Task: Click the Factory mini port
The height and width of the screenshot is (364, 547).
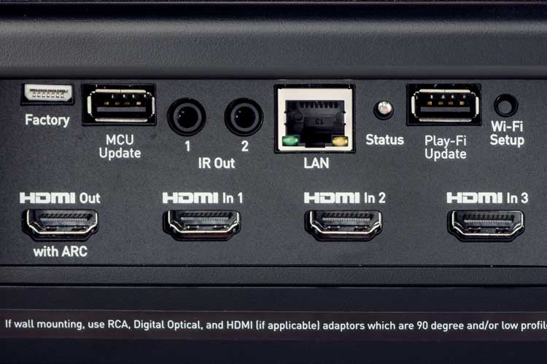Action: tap(48, 94)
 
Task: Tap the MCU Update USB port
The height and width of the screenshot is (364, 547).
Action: tap(120, 105)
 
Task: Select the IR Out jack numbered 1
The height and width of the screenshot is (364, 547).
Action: tap(187, 116)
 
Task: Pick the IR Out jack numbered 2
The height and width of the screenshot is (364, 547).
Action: tap(244, 116)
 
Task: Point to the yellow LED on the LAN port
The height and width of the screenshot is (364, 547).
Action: tap(340, 141)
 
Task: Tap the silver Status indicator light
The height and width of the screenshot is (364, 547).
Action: tap(384, 108)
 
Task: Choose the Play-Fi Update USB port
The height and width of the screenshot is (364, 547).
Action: tap(444, 105)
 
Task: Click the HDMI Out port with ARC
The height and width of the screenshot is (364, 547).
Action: tap(61, 224)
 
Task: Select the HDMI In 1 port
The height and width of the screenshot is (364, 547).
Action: tap(202, 225)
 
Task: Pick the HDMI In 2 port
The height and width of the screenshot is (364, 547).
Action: tap(344, 225)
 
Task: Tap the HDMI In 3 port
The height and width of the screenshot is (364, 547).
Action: tap(486, 225)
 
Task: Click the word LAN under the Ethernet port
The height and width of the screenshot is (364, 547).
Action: tap(316, 163)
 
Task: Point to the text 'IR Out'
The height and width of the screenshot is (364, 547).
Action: tap(217, 163)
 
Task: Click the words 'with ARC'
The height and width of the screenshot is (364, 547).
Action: tap(61, 251)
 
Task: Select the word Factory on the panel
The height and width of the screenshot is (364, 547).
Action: tap(47, 121)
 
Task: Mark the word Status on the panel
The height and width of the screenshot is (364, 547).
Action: tap(384, 140)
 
